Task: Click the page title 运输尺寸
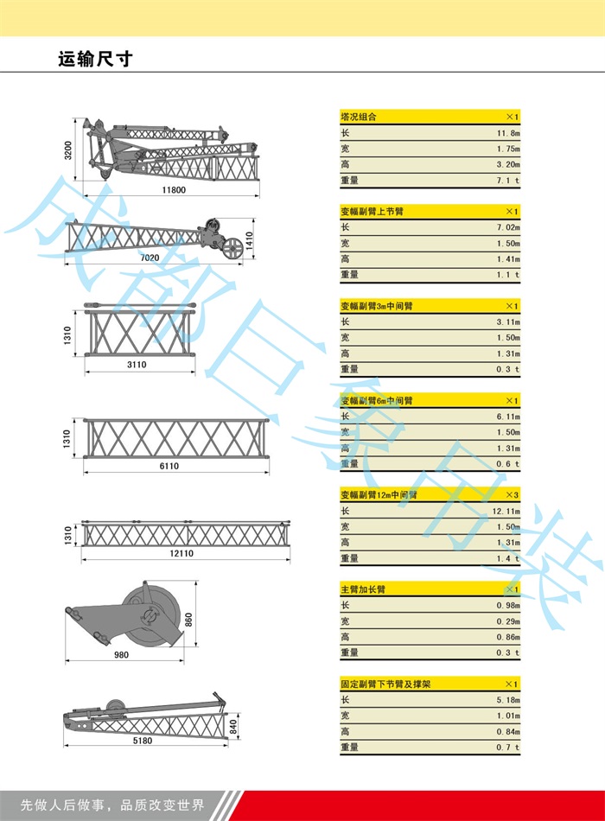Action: [94, 60]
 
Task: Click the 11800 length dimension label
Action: [173, 190]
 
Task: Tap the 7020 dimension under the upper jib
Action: [150, 258]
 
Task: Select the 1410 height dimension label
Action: [251, 239]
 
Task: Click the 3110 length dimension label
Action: [137, 365]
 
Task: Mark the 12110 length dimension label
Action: [181, 553]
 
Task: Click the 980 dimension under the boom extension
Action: [121, 655]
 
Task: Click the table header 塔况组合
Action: [359, 117]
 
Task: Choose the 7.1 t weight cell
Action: [509, 180]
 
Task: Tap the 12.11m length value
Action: [507, 511]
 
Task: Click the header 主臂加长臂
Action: [363, 589]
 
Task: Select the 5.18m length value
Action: [508, 700]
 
